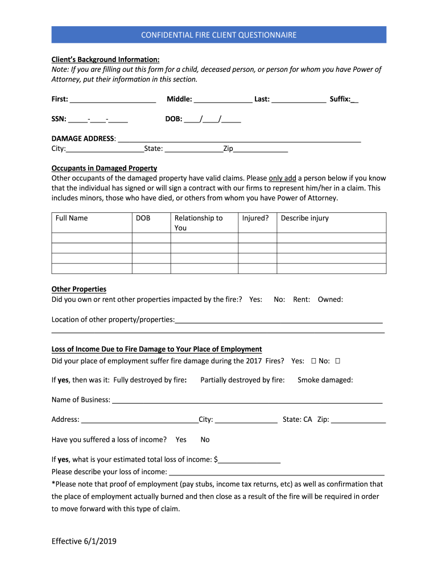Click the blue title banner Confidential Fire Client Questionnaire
219,35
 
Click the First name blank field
113,100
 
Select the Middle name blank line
223,100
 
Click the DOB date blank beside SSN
212,120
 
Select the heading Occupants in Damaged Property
104,169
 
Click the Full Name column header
72,218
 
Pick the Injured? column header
255,218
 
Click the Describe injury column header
305,218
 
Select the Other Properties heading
78,289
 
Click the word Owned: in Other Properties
330,299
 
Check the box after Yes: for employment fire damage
314,361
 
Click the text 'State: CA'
297,420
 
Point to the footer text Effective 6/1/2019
84,541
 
